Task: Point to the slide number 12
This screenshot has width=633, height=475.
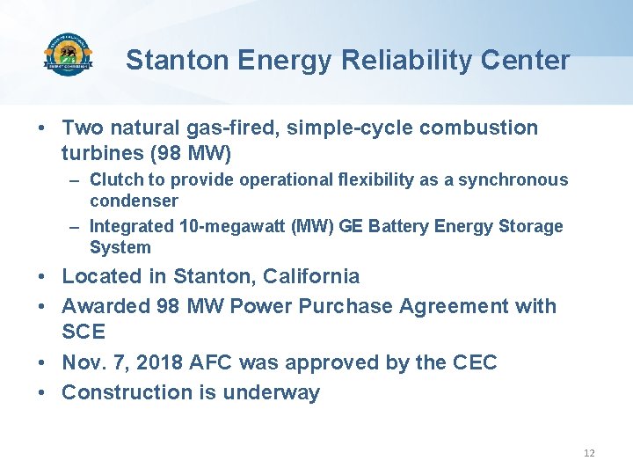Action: pyautogui.click(x=589, y=453)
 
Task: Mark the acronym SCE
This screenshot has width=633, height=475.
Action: pyautogui.click(x=84, y=332)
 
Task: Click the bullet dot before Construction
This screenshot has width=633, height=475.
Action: pyautogui.click(x=42, y=393)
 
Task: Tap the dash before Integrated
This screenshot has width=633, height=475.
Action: pyautogui.click(x=76, y=227)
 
